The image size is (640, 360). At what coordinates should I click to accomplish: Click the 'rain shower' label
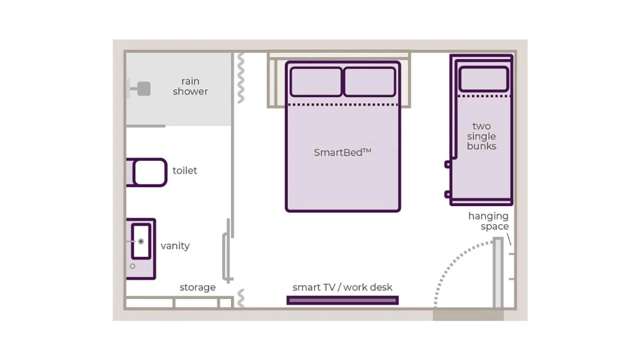(190, 86)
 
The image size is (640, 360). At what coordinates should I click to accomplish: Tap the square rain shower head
(144, 89)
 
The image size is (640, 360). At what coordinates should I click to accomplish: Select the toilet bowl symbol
(150, 172)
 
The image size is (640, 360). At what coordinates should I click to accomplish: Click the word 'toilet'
(184, 171)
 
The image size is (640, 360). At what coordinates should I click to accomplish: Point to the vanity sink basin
(141, 241)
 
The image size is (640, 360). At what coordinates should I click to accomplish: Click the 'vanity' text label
(175, 246)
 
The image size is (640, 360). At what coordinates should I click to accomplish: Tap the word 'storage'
(197, 287)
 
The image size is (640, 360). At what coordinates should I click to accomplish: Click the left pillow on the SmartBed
(316, 82)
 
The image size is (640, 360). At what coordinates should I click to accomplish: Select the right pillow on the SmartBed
(370, 82)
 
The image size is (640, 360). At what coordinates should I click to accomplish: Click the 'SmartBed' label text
(342, 152)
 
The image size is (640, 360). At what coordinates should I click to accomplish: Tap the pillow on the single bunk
(484, 79)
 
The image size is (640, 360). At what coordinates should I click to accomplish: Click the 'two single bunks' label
(481, 136)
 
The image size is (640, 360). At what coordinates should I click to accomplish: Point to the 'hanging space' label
(488, 221)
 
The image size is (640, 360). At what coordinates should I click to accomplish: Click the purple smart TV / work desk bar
(342, 300)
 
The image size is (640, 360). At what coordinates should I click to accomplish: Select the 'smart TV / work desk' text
(342, 287)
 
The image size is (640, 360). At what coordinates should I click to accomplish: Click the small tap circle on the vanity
(132, 266)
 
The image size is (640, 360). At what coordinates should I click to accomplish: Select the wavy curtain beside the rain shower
(240, 78)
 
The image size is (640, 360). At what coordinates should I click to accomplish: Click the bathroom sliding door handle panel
(226, 256)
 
